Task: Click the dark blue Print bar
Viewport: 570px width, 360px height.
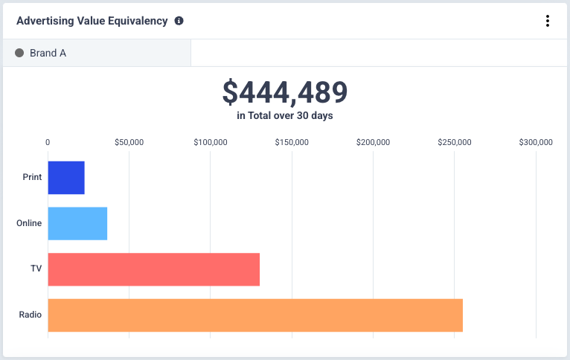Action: click(x=66, y=178)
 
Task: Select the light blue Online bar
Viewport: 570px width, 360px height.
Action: click(x=77, y=223)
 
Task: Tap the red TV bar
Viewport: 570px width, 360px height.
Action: click(x=153, y=269)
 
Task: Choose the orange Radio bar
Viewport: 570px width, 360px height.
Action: click(x=255, y=315)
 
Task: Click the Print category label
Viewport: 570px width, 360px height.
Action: click(x=32, y=178)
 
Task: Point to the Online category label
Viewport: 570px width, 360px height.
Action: click(x=29, y=223)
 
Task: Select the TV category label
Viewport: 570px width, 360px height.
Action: click(x=36, y=269)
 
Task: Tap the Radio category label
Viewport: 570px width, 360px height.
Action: click(x=31, y=315)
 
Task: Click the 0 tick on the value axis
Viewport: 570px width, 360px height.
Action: click(x=48, y=143)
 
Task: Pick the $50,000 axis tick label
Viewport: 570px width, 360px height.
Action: click(x=129, y=143)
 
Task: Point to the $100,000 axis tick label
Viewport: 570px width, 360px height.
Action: click(x=211, y=143)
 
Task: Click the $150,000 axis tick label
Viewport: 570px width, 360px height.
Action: click(x=292, y=143)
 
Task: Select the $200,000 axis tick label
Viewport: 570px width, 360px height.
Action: click(x=373, y=143)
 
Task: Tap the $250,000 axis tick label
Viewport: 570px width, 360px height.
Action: click(x=454, y=143)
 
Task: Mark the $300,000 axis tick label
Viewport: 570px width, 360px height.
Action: click(x=535, y=143)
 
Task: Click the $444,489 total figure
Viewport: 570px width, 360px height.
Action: click(x=285, y=92)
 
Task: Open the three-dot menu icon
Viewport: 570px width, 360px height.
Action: click(x=548, y=21)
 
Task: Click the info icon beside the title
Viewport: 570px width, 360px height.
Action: click(x=179, y=21)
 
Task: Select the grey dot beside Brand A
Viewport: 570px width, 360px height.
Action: click(x=19, y=54)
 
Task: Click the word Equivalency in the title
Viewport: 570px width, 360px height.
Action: click(x=138, y=21)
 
